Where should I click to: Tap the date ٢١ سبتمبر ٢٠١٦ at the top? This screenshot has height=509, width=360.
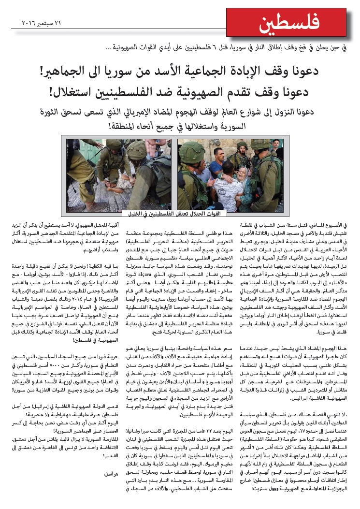[x=36, y=23]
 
